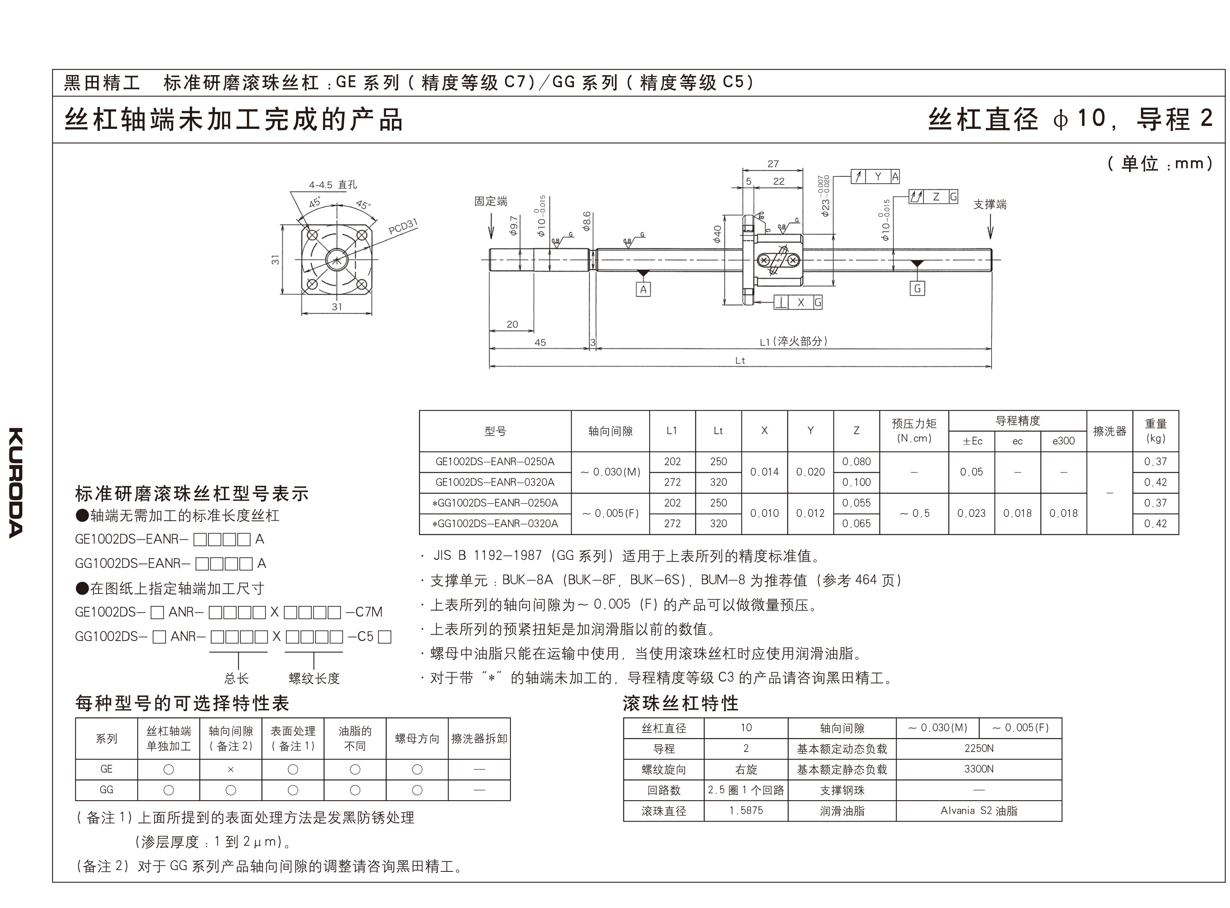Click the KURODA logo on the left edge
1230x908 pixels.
[x=16, y=482]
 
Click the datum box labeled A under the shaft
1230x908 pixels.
[x=643, y=289]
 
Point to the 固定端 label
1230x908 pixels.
[x=491, y=201]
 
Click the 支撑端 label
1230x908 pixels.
[x=990, y=204]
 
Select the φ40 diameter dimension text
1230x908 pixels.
[x=717, y=235]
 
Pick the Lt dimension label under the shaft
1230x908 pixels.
[x=740, y=360]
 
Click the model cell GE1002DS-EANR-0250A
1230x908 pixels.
[x=495, y=462]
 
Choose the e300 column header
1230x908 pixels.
[x=1063, y=441]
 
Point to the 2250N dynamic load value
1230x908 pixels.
[x=979, y=748]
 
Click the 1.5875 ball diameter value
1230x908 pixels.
[x=746, y=810]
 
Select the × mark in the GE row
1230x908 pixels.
[x=231, y=769]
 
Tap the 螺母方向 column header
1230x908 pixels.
[x=417, y=739]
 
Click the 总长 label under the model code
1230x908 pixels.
[x=236, y=679]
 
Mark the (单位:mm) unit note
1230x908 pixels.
[x=1159, y=163]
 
